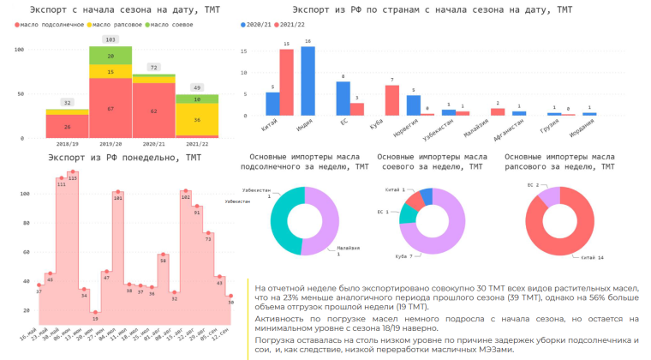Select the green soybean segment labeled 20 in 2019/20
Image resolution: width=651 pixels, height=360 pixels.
110,56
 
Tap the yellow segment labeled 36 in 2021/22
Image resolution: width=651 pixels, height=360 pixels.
196,120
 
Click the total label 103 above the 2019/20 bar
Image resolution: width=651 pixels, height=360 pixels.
110,40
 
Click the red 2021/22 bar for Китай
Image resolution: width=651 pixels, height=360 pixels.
287,82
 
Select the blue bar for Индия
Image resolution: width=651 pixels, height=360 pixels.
308,81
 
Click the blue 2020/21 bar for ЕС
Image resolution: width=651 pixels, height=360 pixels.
343,98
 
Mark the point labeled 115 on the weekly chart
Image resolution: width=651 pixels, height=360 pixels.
73,172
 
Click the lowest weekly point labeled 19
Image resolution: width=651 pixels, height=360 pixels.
95,312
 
